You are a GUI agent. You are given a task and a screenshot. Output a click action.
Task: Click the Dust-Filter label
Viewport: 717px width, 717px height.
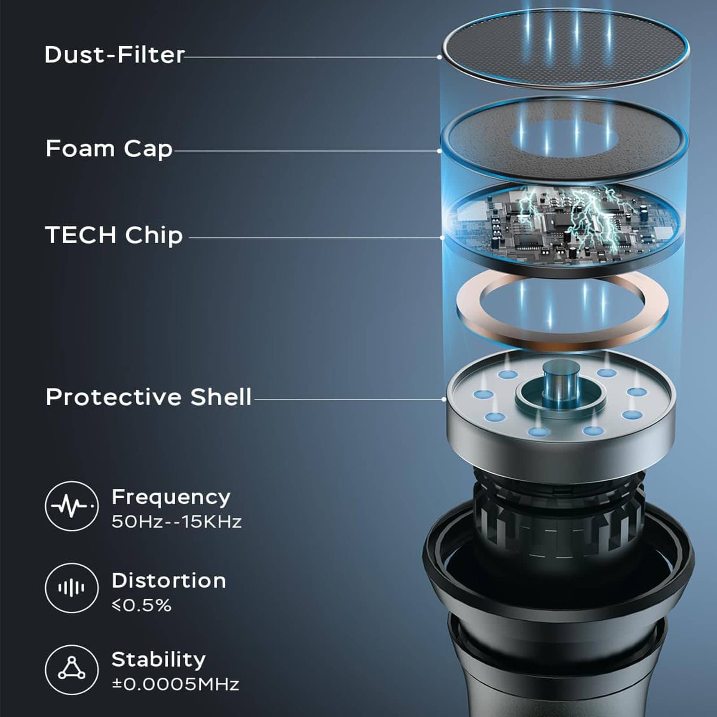coord(114,55)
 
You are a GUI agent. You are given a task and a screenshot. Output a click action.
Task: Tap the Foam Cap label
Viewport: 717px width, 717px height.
coord(109,149)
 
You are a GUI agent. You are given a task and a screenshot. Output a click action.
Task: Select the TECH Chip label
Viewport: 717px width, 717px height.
coord(114,235)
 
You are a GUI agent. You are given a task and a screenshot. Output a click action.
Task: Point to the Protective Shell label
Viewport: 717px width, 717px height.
coord(148,397)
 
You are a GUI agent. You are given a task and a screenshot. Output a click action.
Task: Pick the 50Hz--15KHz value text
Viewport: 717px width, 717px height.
coord(177,522)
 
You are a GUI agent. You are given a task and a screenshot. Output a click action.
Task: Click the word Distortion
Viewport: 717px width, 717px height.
coord(168,581)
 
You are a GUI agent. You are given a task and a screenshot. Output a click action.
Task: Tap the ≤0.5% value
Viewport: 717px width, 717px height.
coord(142,605)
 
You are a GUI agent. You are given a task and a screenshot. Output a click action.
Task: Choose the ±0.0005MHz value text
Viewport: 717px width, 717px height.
coord(175,684)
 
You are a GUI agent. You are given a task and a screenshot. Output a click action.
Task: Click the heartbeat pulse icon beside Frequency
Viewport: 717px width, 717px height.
coord(72,506)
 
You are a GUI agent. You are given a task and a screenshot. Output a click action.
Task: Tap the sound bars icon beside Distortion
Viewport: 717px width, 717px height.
coord(72,588)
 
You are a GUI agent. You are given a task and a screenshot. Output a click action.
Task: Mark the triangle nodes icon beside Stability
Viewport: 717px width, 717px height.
coord(72,669)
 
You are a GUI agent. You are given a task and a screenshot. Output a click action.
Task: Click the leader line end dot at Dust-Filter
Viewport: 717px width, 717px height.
coord(440,57)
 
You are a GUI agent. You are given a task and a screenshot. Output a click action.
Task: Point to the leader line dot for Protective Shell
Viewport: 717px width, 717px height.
coord(444,399)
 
